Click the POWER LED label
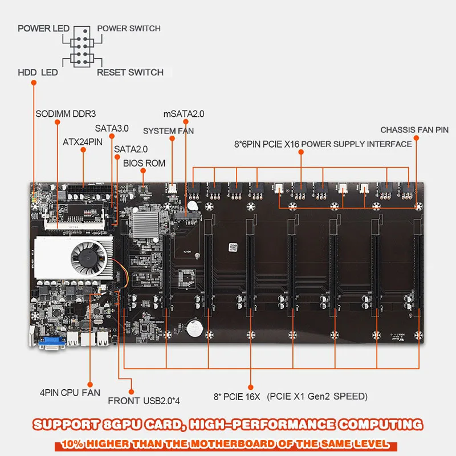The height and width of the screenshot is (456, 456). click(x=44, y=28)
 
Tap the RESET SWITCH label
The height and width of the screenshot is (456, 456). click(x=130, y=72)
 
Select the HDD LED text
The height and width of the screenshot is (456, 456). click(x=38, y=72)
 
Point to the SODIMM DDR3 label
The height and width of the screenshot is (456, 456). click(x=66, y=113)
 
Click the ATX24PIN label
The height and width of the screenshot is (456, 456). click(x=83, y=142)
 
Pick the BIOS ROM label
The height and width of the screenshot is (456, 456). click(x=144, y=163)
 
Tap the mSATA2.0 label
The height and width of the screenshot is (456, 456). click(x=184, y=113)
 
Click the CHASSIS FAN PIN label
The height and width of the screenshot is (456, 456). click(x=414, y=130)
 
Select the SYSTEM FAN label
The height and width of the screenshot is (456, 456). click(x=168, y=131)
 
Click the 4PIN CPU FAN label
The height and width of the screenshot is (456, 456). click(x=70, y=393)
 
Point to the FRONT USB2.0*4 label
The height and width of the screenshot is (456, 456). click(x=144, y=401)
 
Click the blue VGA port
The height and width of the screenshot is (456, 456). click(x=52, y=343)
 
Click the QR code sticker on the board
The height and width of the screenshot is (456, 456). click(x=233, y=247)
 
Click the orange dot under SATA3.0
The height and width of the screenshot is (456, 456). click(x=112, y=136)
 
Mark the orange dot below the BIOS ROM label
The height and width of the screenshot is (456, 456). click(x=143, y=170)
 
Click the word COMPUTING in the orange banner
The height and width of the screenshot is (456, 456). click(x=381, y=425)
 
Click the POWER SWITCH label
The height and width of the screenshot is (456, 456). click(x=129, y=28)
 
